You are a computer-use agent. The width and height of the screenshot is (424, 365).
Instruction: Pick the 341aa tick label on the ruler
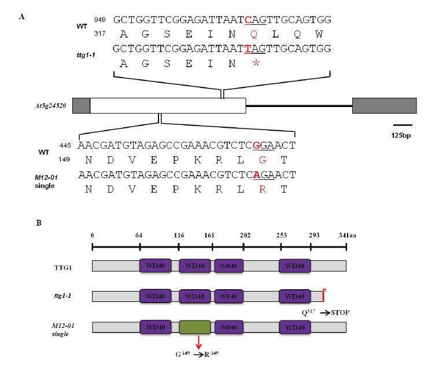coord(347,236)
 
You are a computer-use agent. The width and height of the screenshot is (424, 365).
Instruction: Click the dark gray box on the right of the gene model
coord(384,106)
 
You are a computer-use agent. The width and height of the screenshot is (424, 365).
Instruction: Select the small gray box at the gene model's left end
coord(82,106)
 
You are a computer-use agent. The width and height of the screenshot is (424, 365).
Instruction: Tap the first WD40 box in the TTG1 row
coord(155,266)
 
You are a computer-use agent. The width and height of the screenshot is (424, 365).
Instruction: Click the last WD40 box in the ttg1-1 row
coord(295,296)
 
